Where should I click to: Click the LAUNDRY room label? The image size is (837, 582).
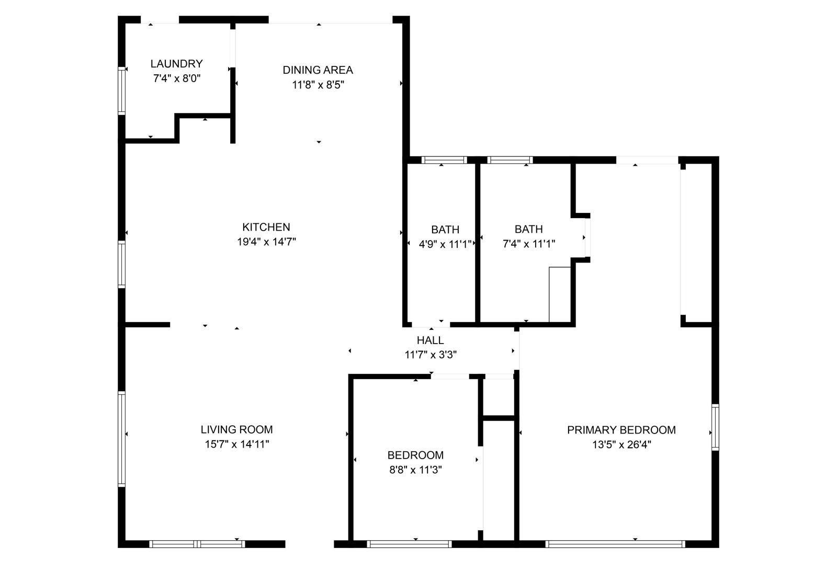click(176, 63)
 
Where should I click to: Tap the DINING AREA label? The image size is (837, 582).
click(318, 70)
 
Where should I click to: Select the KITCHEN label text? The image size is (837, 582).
click(266, 227)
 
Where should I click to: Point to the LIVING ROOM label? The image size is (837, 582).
click(236, 430)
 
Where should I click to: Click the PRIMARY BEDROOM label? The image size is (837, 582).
click(621, 430)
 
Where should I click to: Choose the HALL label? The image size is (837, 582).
click(431, 340)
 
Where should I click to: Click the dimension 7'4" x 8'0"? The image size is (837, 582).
click(177, 78)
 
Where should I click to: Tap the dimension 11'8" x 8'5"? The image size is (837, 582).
click(318, 85)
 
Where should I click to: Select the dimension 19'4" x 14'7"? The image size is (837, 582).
click(266, 242)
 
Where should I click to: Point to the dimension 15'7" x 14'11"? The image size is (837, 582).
click(237, 444)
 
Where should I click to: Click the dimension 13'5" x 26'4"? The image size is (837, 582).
click(622, 444)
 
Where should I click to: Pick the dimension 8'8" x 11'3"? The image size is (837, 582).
click(415, 470)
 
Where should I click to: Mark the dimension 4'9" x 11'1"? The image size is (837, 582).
click(445, 244)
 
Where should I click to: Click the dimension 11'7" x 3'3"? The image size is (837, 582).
click(431, 355)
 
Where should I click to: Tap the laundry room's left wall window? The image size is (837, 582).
click(121, 91)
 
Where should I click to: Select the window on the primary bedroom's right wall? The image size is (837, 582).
click(715, 427)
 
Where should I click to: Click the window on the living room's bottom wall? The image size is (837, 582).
click(197, 544)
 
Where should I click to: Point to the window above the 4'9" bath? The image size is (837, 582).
click(444, 160)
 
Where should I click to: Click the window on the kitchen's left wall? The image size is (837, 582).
click(121, 265)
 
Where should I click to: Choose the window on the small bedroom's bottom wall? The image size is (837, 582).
click(409, 544)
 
